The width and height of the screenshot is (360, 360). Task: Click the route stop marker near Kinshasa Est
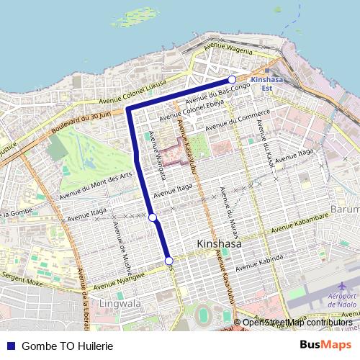tap(232, 79)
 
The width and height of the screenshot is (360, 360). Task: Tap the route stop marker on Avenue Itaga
tap(153, 217)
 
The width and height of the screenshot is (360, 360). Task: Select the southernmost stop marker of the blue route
tap(168, 261)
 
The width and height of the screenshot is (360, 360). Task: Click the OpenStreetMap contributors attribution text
tap(297, 322)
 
